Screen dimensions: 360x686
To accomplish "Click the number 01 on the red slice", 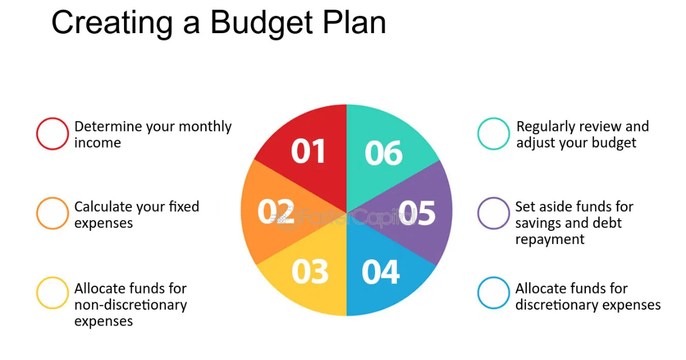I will tap(308, 151).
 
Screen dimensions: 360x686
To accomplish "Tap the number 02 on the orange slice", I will tap(276, 212).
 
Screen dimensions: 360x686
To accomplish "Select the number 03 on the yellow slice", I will tap(310, 272).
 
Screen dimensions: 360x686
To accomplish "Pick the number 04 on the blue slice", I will tap(381, 272).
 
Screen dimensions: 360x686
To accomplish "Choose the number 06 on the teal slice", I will tap(384, 153).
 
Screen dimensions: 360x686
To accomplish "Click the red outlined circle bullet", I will tap(52, 134).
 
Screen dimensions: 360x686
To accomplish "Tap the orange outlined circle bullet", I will tap(52, 213).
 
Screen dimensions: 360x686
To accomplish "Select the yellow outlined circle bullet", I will tap(52, 293).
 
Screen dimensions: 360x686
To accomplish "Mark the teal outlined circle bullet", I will tap(493, 134).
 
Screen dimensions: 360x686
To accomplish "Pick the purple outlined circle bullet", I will tap(493, 213).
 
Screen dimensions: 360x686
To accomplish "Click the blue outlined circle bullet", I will tap(493, 293).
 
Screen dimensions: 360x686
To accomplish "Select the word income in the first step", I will tap(98, 143).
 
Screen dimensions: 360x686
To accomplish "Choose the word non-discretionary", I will tap(130, 305).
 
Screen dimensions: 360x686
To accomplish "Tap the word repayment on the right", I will tap(550, 239).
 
